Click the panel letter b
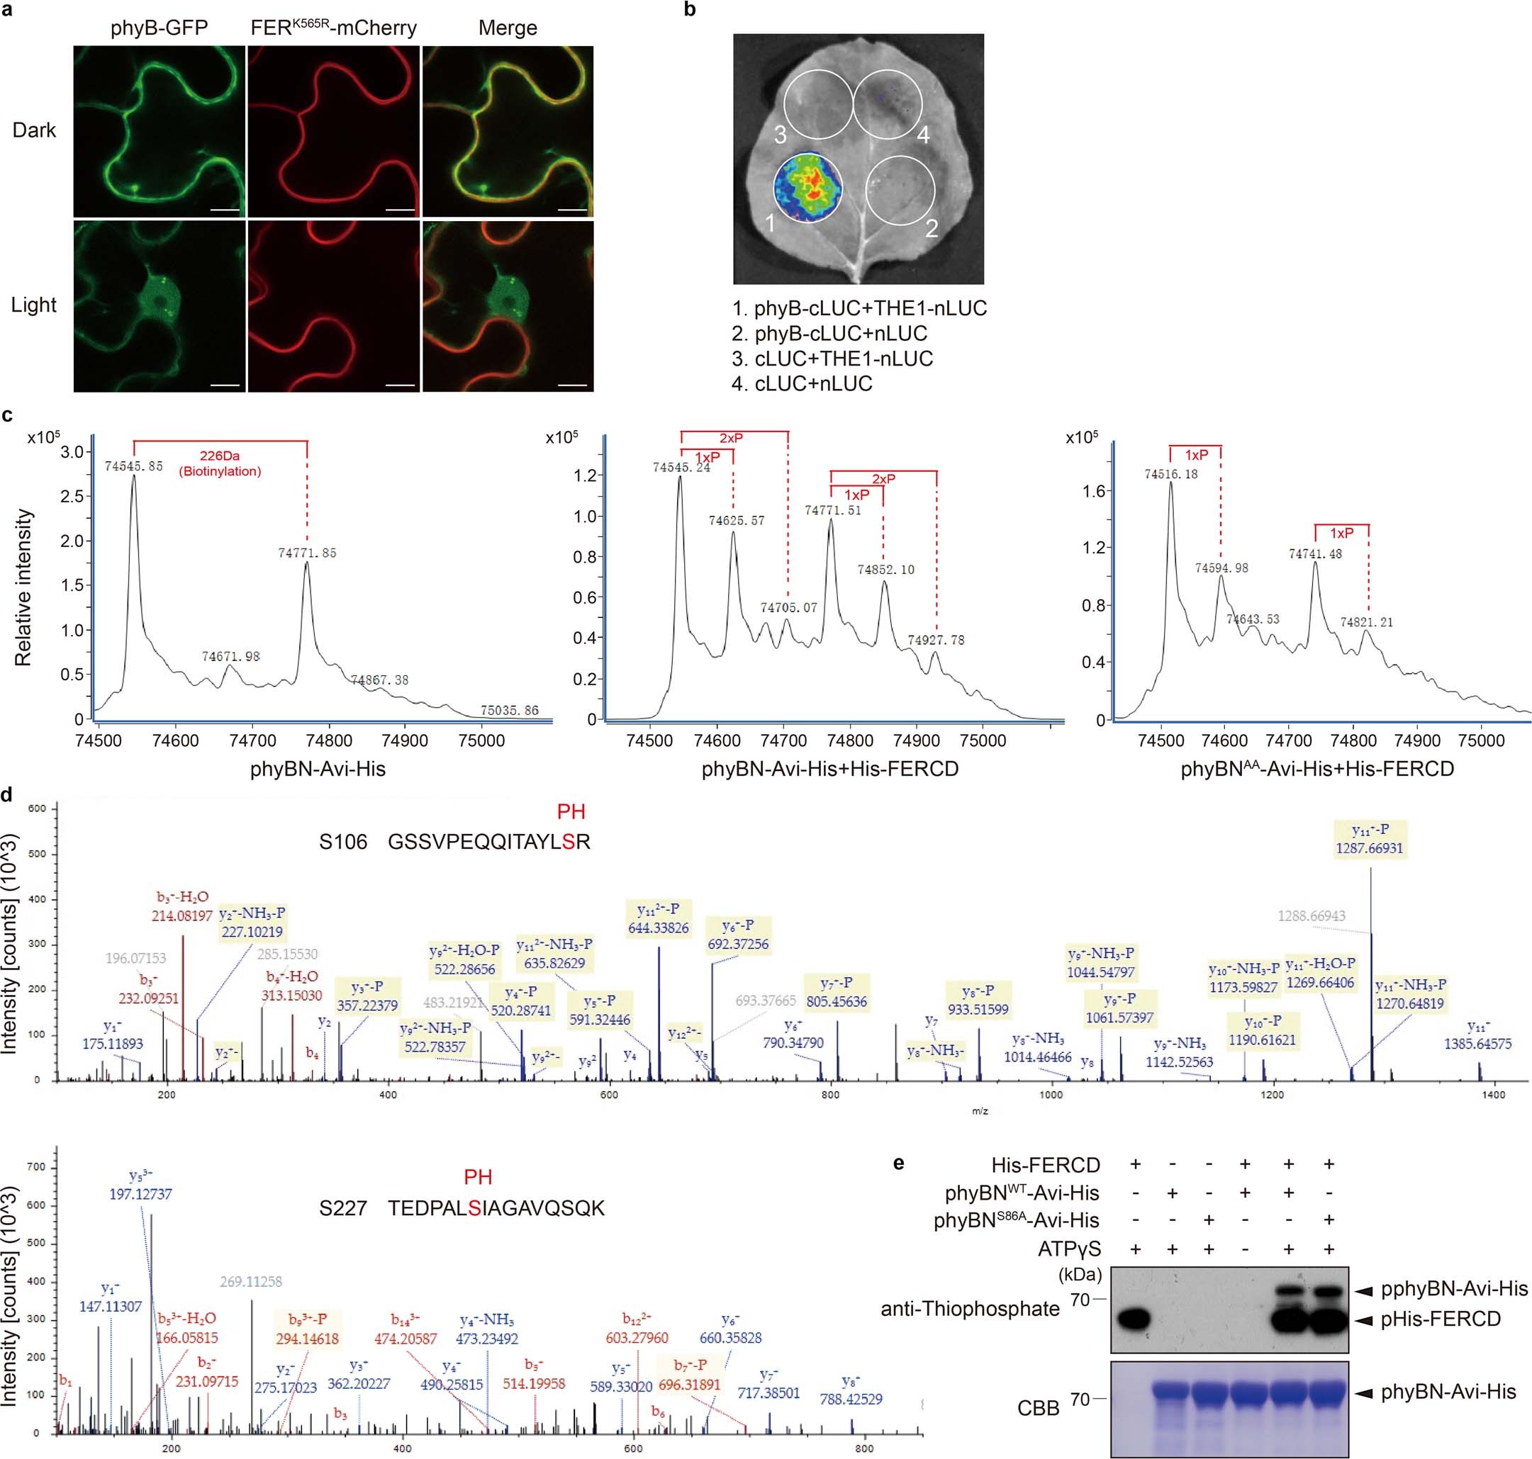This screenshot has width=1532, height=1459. click(689, 10)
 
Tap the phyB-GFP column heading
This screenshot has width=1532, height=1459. click(159, 28)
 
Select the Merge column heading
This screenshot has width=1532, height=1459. click(508, 28)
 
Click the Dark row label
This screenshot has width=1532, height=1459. click(34, 130)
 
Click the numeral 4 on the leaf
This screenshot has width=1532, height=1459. click(924, 135)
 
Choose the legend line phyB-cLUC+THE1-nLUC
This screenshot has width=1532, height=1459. click(860, 309)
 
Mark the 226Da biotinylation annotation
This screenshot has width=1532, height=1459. click(220, 463)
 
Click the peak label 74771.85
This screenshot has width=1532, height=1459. click(308, 553)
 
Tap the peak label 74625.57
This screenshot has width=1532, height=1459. click(736, 520)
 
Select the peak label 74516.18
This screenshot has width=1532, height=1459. click(1171, 473)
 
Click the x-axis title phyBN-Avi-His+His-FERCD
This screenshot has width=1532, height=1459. click(829, 769)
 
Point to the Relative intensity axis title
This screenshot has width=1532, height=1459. click(23, 587)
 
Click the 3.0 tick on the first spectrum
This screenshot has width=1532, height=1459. click(72, 453)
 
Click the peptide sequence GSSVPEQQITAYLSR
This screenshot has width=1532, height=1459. click(488, 842)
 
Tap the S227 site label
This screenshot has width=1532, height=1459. click(342, 1207)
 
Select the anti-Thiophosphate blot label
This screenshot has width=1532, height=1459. click(969, 1309)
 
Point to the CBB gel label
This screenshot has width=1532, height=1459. click(1038, 1408)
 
